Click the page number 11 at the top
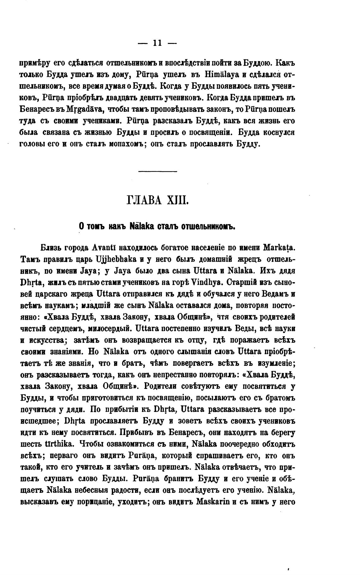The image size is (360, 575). point(157,43)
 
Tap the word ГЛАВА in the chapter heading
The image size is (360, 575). point(143,200)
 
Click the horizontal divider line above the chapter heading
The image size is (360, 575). point(158,171)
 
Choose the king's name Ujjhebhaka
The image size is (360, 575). point(116,259)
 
